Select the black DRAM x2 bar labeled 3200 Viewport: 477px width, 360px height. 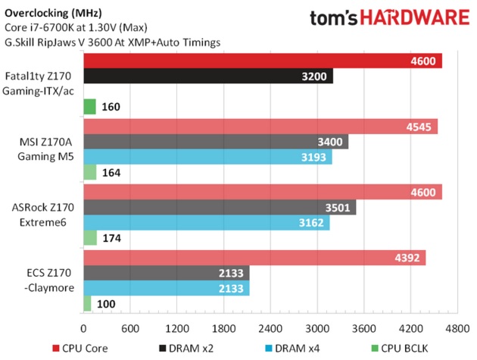207,77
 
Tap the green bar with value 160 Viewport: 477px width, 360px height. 89,107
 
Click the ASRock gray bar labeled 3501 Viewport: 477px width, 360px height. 219,208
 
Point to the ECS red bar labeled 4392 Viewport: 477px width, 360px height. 254,258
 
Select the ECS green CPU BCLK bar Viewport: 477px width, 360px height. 87,303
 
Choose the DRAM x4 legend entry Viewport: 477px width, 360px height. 299,348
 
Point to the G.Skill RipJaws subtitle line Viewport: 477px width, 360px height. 113,42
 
